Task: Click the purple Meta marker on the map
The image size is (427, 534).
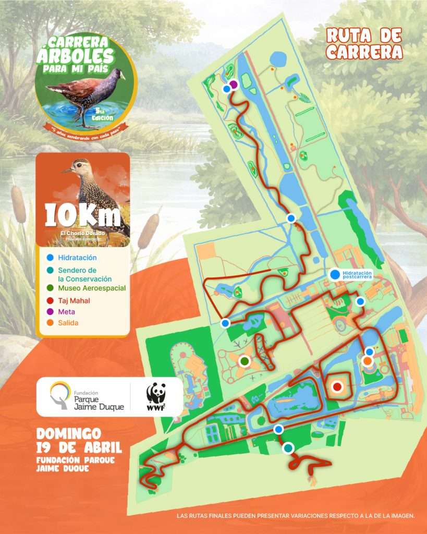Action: (x=234, y=84)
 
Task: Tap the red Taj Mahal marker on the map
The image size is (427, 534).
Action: (x=337, y=386)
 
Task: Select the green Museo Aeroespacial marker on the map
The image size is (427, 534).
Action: (x=245, y=360)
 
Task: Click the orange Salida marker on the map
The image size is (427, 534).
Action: (x=368, y=360)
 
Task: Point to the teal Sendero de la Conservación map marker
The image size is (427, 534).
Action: (x=288, y=447)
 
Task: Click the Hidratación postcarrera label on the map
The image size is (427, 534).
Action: (x=358, y=274)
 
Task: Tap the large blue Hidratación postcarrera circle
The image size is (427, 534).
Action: (x=334, y=274)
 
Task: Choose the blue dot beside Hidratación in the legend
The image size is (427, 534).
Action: (x=49, y=258)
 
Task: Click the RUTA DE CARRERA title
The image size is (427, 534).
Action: (x=364, y=43)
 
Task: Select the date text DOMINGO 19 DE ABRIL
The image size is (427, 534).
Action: (x=79, y=440)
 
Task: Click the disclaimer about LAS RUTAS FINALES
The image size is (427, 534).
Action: (x=296, y=516)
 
